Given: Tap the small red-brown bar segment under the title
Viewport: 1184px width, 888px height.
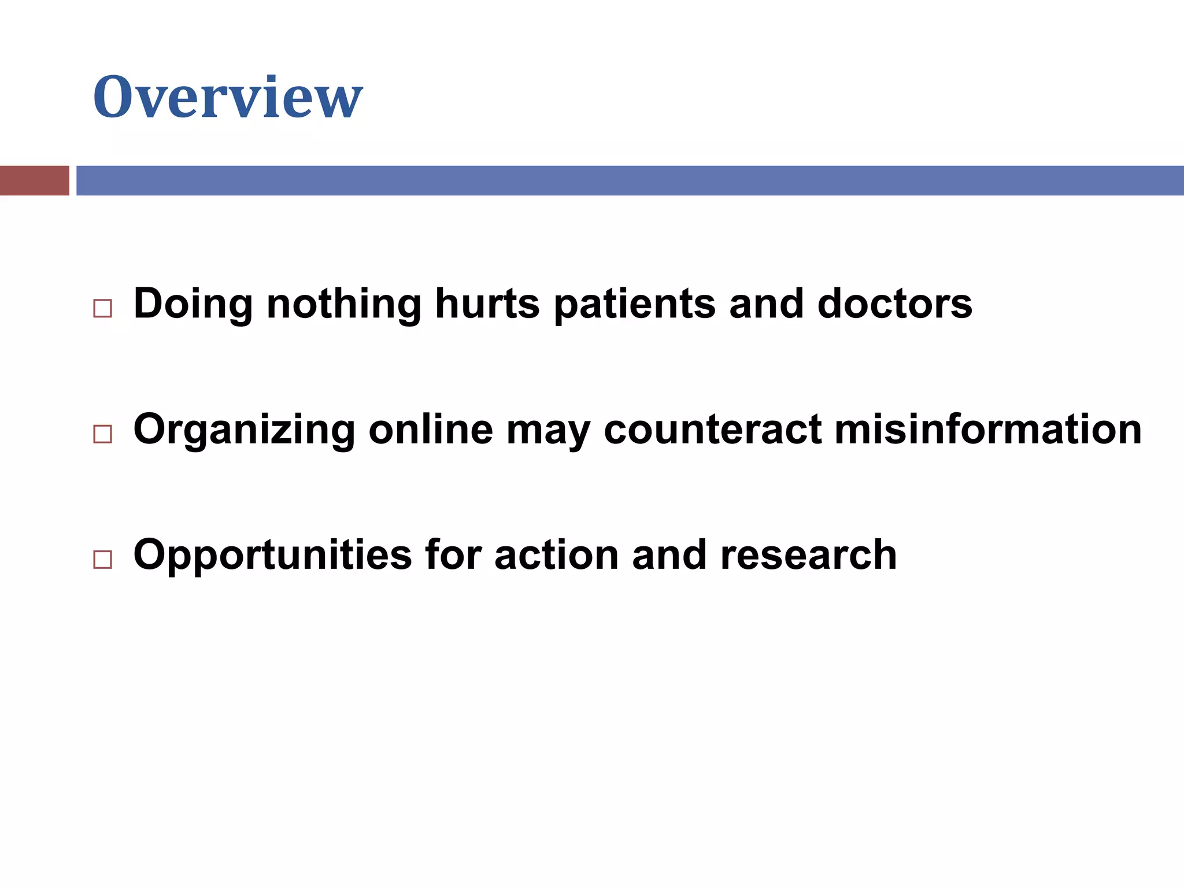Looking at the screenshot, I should point(34,180).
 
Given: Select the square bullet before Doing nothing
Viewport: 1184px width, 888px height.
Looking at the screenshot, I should point(102,308).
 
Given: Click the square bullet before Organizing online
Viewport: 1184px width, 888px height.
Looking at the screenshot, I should point(102,434).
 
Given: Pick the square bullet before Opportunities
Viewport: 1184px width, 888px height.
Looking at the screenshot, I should point(102,559).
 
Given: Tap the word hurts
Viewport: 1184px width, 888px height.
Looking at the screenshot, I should point(487,304).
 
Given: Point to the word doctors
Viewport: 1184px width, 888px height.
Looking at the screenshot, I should point(894,304).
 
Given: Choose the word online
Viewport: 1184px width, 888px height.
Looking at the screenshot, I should point(431,429).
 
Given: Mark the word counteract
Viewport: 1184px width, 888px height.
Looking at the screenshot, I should point(712,429).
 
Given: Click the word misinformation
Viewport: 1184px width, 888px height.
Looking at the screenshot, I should point(988,429).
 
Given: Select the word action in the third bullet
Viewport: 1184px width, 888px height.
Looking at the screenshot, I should point(556,554).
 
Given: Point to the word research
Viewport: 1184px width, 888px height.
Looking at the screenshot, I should point(808,554).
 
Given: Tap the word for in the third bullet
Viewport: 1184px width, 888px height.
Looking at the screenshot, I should point(453,554).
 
